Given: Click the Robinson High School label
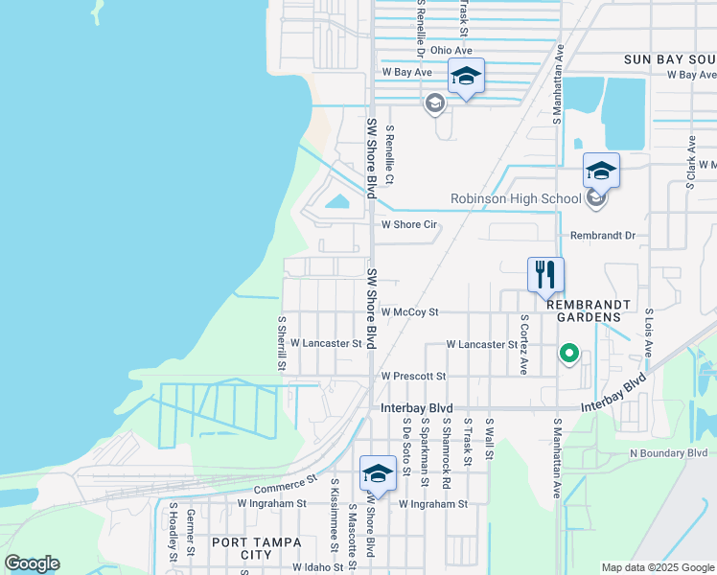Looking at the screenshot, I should pyautogui.click(x=516, y=199).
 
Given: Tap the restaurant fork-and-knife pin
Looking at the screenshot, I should pyautogui.click(x=545, y=274).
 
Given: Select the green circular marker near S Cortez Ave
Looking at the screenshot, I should pyautogui.click(x=568, y=356).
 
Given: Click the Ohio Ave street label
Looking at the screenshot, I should pyautogui.click(x=451, y=50).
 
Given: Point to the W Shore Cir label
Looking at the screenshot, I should pyautogui.click(x=409, y=225).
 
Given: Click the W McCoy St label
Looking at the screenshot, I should pyautogui.click(x=409, y=311).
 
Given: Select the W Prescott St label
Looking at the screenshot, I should pyautogui.click(x=413, y=377).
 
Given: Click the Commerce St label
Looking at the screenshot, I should pyautogui.click(x=286, y=484).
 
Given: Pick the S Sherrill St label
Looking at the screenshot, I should pyautogui.click(x=281, y=344).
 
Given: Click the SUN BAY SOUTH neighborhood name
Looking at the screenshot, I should pyautogui.click(x=670, y=58).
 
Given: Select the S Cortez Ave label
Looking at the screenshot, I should pyautogui.click(x=523, y=343).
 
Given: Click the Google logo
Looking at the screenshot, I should pyautogui.click(x=32, y=563).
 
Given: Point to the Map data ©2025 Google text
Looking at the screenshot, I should pyautogui.click(x=657, y=567).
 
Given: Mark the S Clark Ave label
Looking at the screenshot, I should pyautogui.click(x=690, y=160).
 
